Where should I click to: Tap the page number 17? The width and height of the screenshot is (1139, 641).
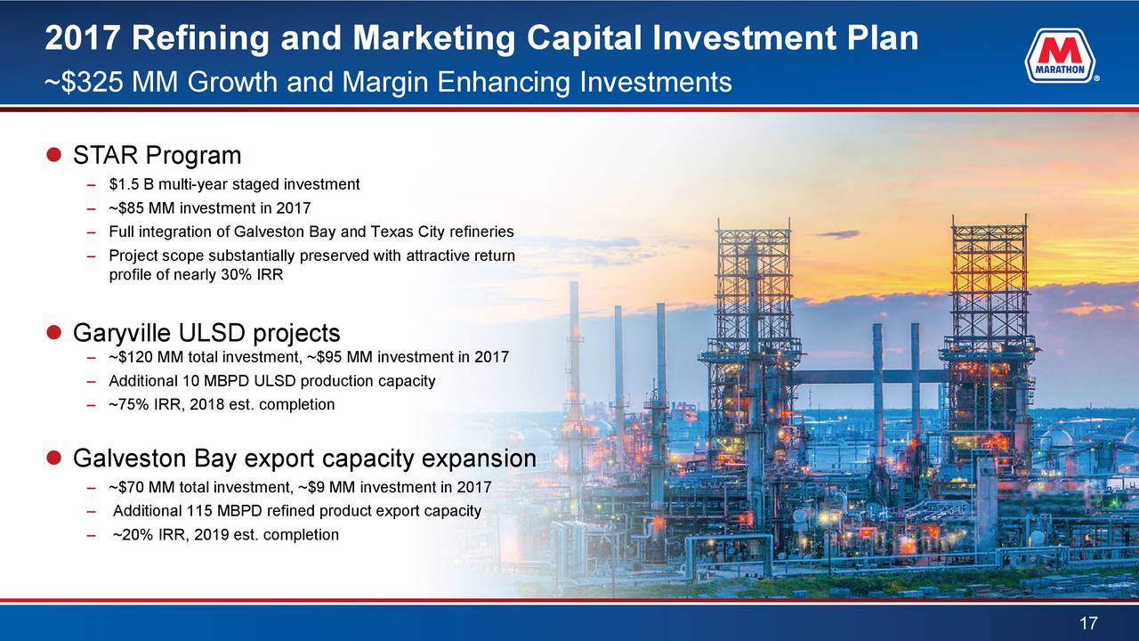(x=1088, y=623)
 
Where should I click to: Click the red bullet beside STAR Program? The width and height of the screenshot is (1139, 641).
(x=53, y=154)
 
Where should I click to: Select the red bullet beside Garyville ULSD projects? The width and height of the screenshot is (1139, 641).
(x=53, y=332)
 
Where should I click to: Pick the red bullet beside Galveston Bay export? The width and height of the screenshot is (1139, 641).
(x=53, y=458)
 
